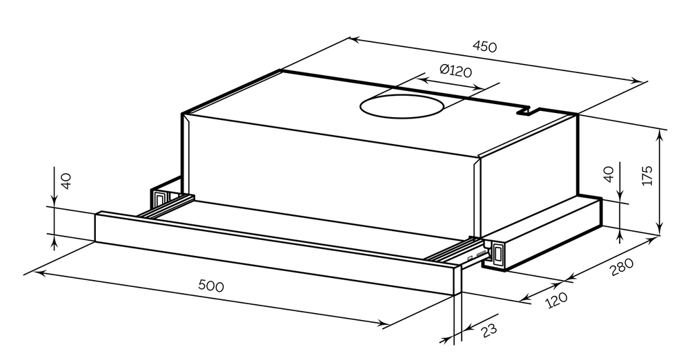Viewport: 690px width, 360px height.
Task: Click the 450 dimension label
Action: [x=484, y=46]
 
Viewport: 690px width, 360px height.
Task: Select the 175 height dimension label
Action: [x=647, y=176]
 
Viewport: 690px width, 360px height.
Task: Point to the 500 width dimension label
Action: [x=211, y=286]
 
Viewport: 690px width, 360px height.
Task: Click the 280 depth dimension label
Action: [x=622, y=267]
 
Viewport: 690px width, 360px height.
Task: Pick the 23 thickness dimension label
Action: [x=489, y=330]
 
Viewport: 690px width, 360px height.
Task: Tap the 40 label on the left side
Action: [x=65, y=181]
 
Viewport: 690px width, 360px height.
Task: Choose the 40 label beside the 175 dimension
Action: [x=609, y=174]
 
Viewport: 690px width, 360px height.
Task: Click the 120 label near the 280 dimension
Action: [x=556, y=300]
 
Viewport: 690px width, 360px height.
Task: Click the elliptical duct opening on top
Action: [x=402, y=106]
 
